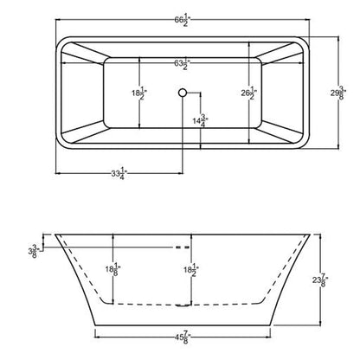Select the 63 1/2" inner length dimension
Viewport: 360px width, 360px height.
click(x=181, y=64)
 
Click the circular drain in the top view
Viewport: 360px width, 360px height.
click(x=182, y=90)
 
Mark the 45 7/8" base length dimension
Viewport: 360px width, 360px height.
click(x=181, y=330)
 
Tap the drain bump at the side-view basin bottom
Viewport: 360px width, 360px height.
click(x=181, y=305)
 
